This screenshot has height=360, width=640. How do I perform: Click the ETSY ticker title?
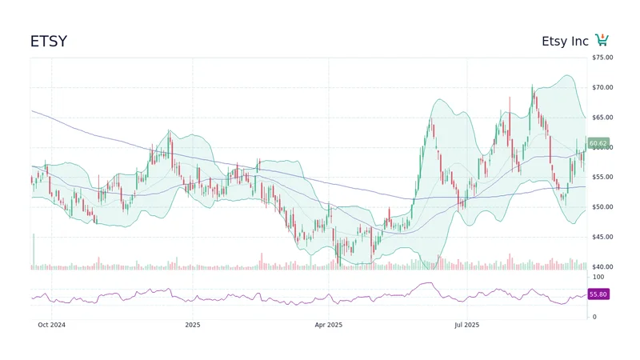49,42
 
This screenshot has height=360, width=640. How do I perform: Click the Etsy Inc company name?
565,42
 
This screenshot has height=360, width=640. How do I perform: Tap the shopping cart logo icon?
602,40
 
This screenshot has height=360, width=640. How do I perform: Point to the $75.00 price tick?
602,58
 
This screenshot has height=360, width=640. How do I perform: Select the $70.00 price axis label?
602,87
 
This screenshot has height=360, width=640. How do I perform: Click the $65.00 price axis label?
602,118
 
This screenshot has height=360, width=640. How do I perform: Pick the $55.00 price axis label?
602,177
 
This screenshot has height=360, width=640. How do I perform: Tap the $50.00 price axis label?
602,207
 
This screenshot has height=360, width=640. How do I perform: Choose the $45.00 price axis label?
602,237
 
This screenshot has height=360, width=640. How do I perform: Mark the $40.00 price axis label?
602,266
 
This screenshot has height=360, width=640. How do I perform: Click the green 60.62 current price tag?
598,143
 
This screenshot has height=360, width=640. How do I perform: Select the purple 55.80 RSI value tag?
598,294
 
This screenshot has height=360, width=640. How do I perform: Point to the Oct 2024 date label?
52,325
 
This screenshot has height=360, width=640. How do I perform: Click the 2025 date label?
192,325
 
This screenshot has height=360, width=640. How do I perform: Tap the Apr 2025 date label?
328,325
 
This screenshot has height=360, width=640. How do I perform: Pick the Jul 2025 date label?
466,325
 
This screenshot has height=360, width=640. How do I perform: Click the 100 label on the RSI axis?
598,277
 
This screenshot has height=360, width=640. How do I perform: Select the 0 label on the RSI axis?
594,317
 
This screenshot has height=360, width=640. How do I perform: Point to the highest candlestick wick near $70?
532,86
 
